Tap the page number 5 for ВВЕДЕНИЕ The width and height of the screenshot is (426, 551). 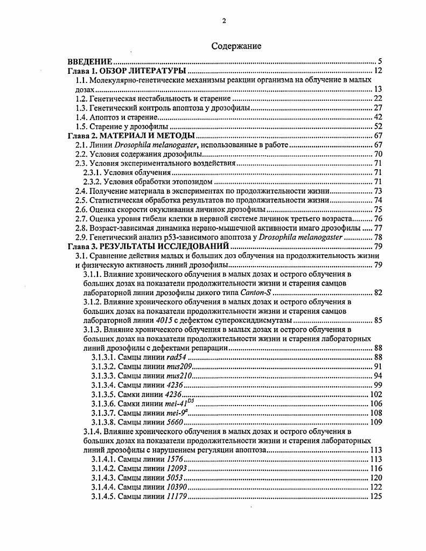coord(379,62)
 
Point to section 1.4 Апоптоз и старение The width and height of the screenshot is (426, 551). coord(116,117)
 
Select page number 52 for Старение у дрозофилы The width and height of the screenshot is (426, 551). coord(377,126)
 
